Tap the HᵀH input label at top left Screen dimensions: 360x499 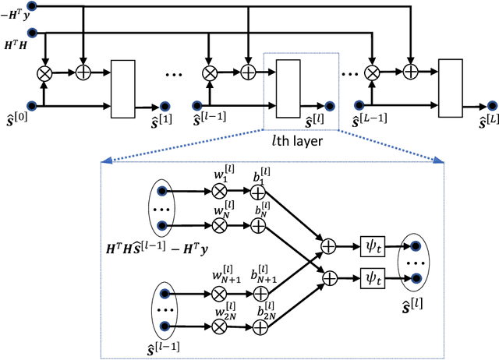click(13, 47)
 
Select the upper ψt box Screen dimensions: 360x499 click(370, 245)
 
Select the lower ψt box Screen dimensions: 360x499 click(370, 276)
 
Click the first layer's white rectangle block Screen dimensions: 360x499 click(123, 87)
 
